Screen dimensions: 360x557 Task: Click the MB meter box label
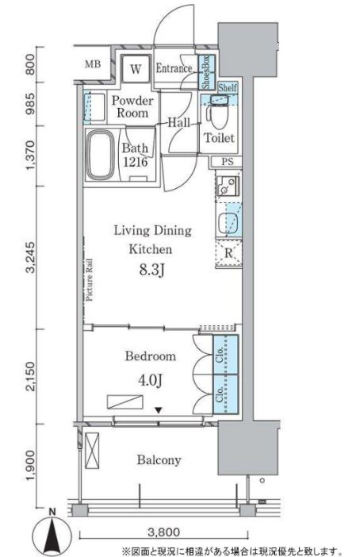(93, 64)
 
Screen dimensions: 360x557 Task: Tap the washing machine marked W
(135, 68)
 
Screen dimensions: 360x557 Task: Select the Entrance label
(174, 68)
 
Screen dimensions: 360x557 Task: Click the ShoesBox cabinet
(206, 72)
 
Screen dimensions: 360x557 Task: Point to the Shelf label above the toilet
(228, 87)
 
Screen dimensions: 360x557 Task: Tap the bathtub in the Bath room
(100, 154)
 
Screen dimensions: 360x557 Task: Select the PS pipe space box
(228, 162)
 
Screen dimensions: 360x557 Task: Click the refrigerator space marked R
(228, 253)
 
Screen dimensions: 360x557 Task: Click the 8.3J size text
(151, 271)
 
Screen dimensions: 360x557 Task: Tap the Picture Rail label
(90, 280)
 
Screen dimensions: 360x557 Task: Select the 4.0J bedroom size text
(150, 380)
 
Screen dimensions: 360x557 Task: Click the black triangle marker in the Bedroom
(159, 410)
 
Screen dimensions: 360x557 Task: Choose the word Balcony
(159, 460)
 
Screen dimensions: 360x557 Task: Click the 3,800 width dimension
(163, 532)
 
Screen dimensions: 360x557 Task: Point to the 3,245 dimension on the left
(31, 258)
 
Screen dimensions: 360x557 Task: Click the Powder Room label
(132, 106)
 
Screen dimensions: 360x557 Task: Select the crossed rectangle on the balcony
(92, 451)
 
